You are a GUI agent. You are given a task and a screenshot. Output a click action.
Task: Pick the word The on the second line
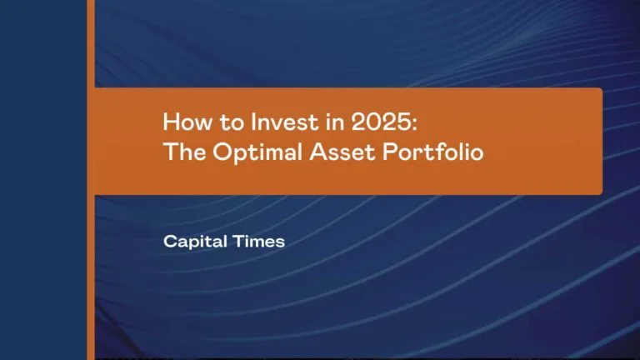click(181, 154)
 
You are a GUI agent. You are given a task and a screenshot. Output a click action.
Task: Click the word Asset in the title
click(313, 154)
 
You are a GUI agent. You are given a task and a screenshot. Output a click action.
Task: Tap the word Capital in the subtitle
click(191, 242)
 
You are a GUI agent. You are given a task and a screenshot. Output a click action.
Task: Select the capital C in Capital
click(170, 242)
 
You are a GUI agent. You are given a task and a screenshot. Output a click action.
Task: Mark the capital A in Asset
click(292, 154)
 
